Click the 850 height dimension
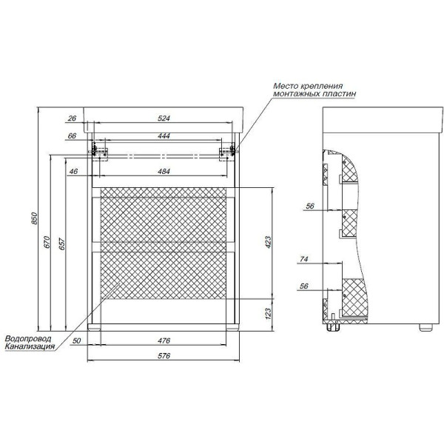[34, 218]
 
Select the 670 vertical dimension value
[47, 242]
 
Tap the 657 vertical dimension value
[61, 244]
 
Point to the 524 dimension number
[164, 118]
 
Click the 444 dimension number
[164, 136]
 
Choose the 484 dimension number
[164, 172]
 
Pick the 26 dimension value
[73, 118]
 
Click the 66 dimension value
[72, 136]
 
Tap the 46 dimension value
[73, 172]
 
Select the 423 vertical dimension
[268, 242]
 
